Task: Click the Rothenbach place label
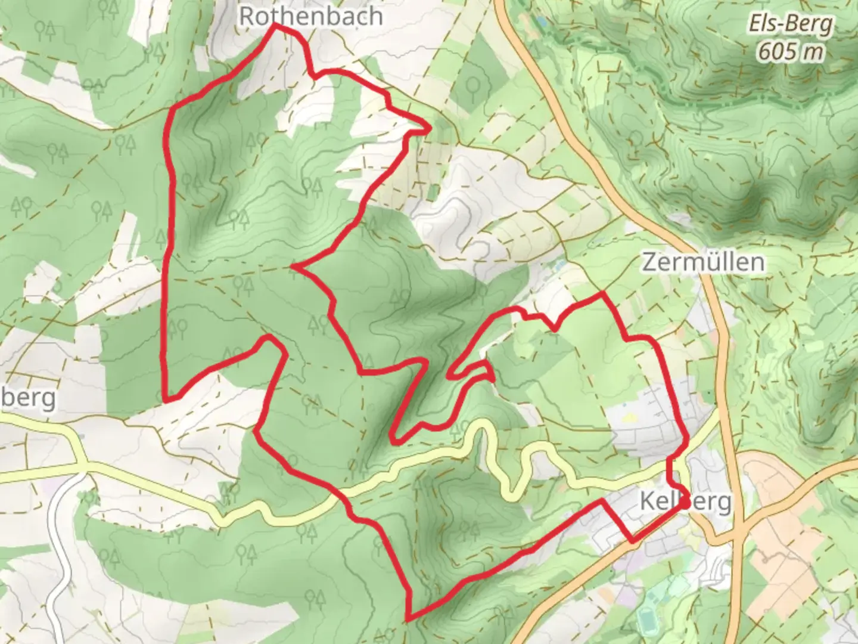[310, 16]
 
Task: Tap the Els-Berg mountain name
[790, 25]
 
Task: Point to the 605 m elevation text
[790, 52]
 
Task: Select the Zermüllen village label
[703, 262]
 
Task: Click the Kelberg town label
[685, 501]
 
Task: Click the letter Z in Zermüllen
[649, 262]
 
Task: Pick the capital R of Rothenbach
[246, 16]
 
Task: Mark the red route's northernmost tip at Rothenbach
[275, 26]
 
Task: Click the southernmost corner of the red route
[408, 617]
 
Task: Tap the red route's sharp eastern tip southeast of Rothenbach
[428, 127]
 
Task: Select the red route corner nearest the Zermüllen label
[602, 293]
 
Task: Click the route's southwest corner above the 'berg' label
[165, 399]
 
